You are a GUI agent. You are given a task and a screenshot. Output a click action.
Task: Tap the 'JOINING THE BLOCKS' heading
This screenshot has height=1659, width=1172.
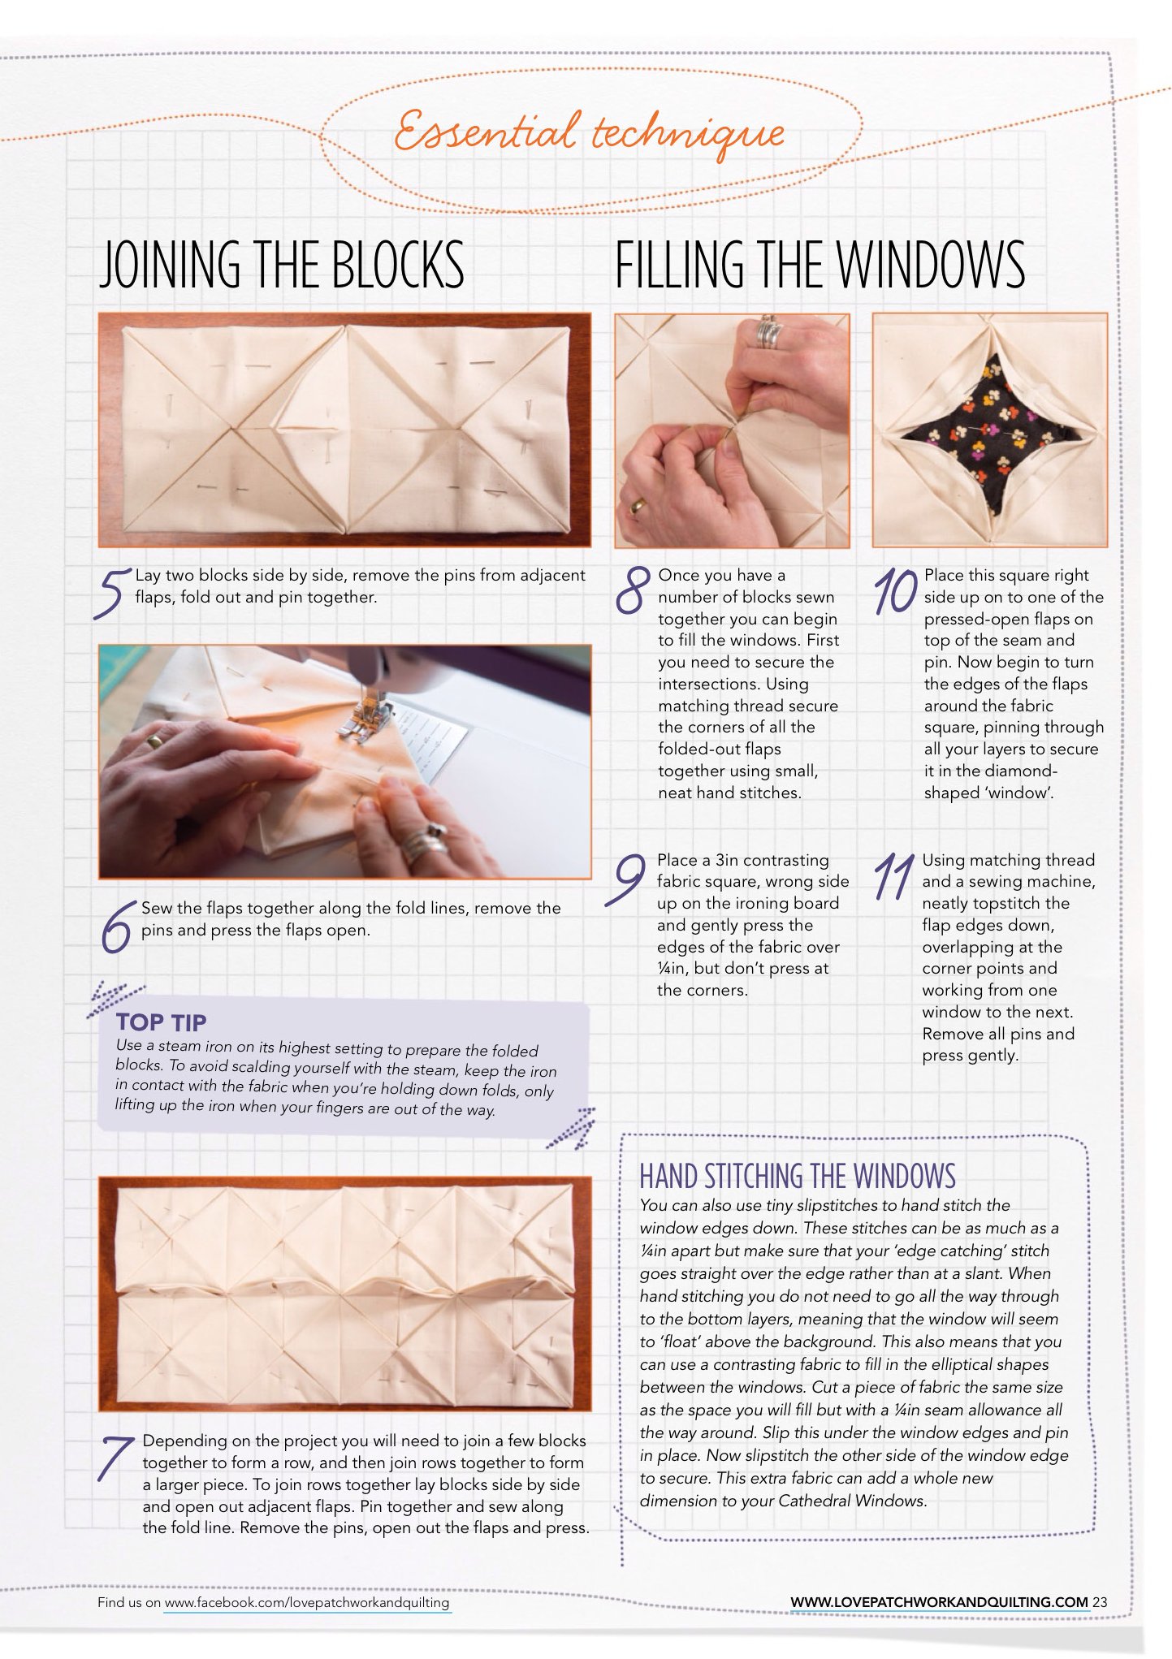click(x=281, y=265)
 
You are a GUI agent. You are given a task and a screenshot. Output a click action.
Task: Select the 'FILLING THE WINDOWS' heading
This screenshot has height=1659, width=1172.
click(x=820, y=265)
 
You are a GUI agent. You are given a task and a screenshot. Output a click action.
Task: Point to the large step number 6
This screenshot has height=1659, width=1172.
click(x=116, y=927)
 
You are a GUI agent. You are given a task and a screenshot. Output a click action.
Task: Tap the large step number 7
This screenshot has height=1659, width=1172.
click(x=116, y=1458)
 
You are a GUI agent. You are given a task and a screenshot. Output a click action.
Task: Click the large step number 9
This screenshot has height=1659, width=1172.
click(x=625, y=879)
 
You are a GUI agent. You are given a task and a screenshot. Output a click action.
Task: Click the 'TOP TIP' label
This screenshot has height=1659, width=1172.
click(x=161, y=1022)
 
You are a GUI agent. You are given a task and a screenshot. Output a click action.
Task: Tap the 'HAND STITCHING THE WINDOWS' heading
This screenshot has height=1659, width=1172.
click(x=798, y=1176)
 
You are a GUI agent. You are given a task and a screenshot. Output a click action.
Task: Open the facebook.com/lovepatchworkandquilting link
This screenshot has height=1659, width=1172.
click(x=307, y=1602)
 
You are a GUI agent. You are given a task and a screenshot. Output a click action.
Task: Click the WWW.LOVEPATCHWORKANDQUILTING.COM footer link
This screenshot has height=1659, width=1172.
click(x=939, y=1602)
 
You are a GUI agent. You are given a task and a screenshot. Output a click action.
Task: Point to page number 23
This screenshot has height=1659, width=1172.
click(x=1100, y=1602)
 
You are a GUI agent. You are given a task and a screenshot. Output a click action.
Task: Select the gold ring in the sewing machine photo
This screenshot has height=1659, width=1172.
click(x=154, y=741)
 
